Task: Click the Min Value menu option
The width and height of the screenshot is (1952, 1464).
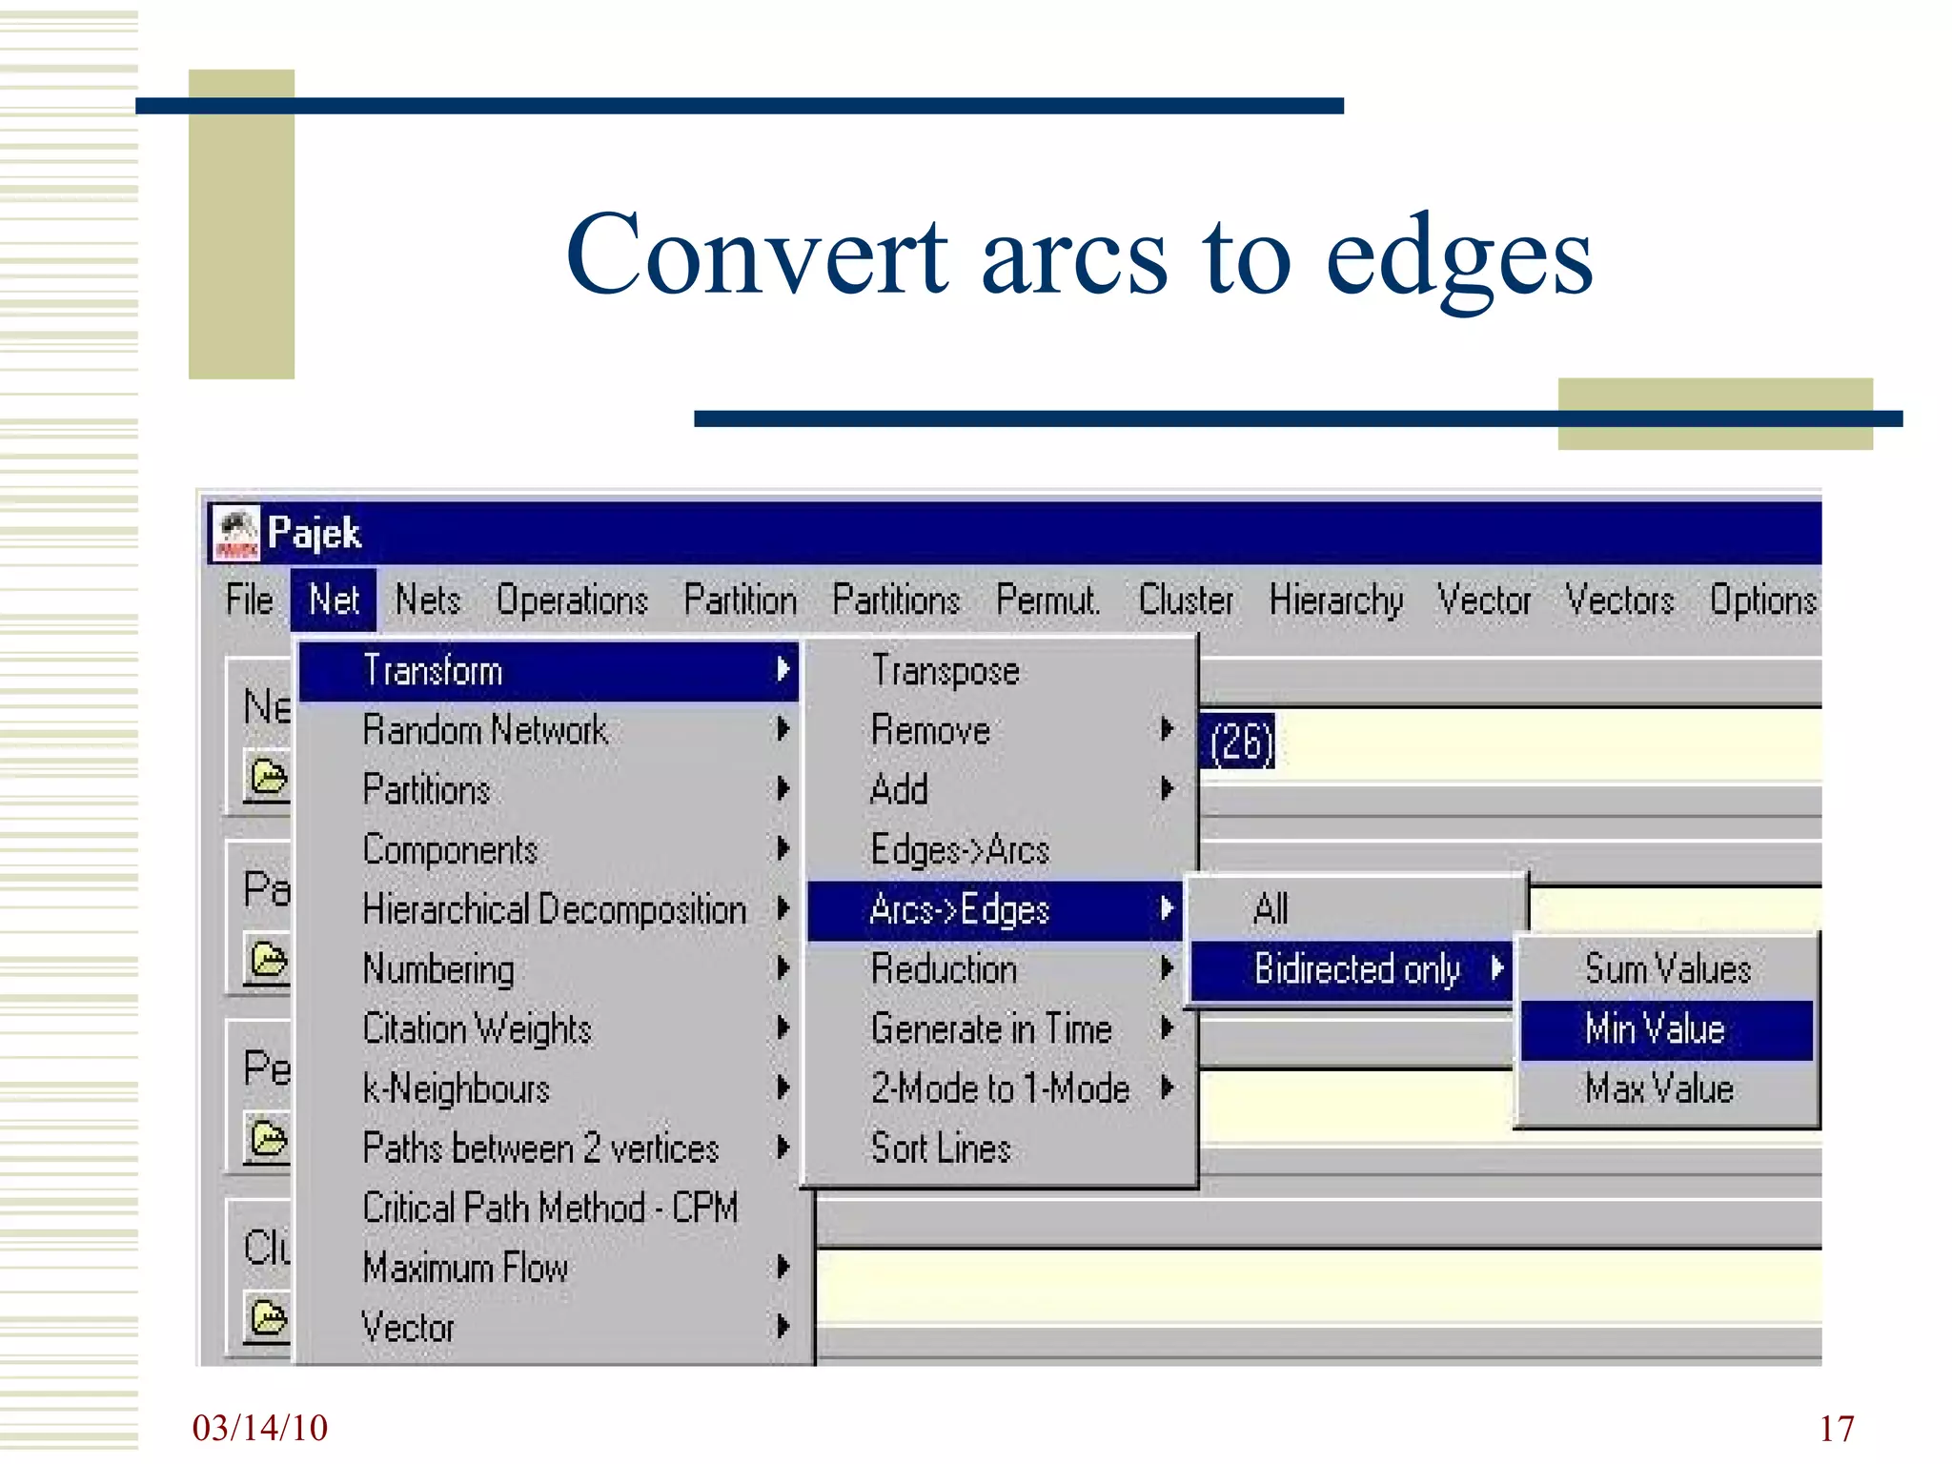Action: [1656, 1029]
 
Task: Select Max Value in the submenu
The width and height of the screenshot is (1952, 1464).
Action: [1658, 1088]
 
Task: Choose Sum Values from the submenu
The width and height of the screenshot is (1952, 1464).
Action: [1667, 969]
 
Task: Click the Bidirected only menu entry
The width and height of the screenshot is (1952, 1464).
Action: [1355, 969]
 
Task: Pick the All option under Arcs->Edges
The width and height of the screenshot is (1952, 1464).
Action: [1271, 908]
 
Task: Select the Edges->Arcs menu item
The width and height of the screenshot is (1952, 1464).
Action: [960, 849]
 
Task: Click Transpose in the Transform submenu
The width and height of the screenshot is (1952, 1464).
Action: [945, 671]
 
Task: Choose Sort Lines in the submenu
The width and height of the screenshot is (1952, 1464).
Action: [941, 1149]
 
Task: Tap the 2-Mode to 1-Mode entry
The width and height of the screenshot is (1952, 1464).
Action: [1000, 1088]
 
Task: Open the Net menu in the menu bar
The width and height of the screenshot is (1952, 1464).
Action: [334, 600]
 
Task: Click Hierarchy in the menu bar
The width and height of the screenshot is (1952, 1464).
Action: [1335, 600]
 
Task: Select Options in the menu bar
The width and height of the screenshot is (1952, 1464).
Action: [1762, 600]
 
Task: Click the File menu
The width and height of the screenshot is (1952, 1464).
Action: [249, 600]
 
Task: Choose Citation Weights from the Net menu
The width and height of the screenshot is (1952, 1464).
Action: [477, 1029]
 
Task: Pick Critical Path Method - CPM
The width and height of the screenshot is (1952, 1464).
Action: [550, 1209]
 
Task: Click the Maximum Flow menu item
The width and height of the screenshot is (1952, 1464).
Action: [465, 1268]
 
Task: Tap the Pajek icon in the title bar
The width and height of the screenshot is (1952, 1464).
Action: [235, 534]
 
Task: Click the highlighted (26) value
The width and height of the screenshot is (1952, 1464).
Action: [1240, 742]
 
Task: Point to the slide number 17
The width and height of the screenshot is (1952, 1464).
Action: [1836, 1429]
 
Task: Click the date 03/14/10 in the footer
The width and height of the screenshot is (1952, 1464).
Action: [259, 1428]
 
